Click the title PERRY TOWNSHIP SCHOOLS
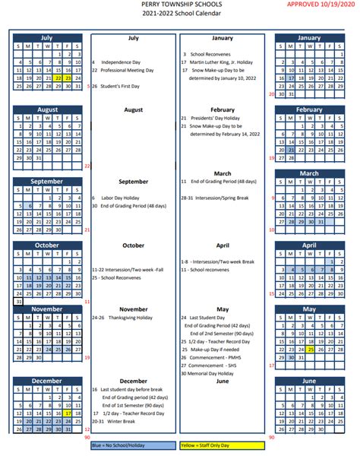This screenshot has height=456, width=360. coord(180,5)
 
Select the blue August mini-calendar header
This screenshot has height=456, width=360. coord(47,109)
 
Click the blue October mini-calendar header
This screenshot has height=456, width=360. coord(47,245)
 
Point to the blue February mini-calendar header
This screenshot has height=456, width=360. coord(309,109)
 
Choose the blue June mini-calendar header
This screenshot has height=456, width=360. coord(309,381)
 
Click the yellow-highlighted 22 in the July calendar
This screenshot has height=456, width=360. coord(58,78)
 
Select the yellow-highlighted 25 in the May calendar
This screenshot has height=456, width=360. coord(311,350)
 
